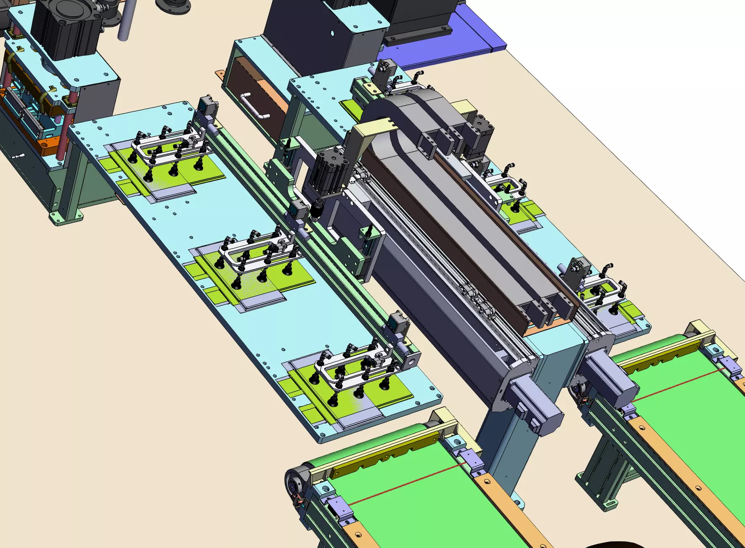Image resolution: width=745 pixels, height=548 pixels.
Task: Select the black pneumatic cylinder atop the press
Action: pyautogui.click(x=65, y=29)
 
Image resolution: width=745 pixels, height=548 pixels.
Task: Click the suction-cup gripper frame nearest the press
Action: pyautogui.click(x=168, y=147)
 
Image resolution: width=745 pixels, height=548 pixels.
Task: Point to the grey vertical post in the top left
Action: pyautogui.click(x=124, y=21)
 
